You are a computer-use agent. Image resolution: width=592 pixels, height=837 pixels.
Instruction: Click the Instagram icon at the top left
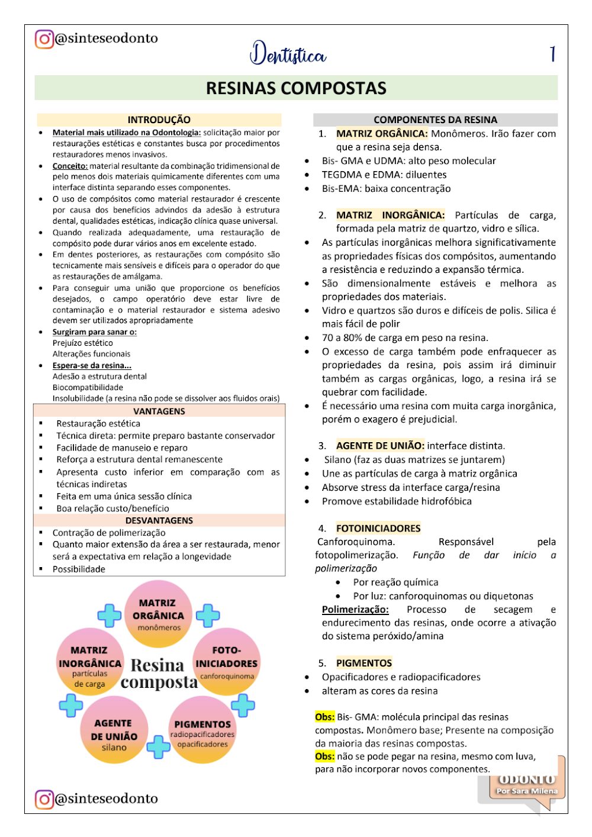coord(44,39)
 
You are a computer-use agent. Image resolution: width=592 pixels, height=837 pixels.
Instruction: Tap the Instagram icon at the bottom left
coord(44,799)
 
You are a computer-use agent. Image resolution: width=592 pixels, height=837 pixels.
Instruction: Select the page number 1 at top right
coord(552,54)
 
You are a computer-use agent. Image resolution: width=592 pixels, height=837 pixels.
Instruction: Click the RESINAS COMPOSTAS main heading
coord(296,88)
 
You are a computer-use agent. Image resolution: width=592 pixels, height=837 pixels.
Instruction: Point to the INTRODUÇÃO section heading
coord(159,120)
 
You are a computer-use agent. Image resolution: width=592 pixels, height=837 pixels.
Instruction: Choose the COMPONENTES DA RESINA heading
coord(435,120)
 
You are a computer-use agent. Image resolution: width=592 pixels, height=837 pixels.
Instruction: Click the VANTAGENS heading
coord(159,411)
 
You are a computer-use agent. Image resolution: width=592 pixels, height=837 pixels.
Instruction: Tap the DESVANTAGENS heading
coord(159,520)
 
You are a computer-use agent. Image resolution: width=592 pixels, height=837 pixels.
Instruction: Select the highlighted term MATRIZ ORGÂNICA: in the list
coord(381,134)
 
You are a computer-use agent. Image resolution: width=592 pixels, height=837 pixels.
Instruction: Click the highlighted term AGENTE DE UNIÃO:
coord(380,446)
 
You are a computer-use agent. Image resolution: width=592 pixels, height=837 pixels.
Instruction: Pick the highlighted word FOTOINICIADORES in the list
coord(378,528)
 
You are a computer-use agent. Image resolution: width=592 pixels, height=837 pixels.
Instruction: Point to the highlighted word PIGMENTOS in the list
coord(364,663)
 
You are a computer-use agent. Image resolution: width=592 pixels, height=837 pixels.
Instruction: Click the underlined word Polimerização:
coord(355,609)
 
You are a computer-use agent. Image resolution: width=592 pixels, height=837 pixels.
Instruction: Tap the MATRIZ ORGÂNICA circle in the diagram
coord(158,614)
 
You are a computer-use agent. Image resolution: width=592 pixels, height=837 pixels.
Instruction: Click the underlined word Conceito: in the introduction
coord(70,166)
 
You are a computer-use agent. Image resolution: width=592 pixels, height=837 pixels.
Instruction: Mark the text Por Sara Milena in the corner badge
coord(527,791)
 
